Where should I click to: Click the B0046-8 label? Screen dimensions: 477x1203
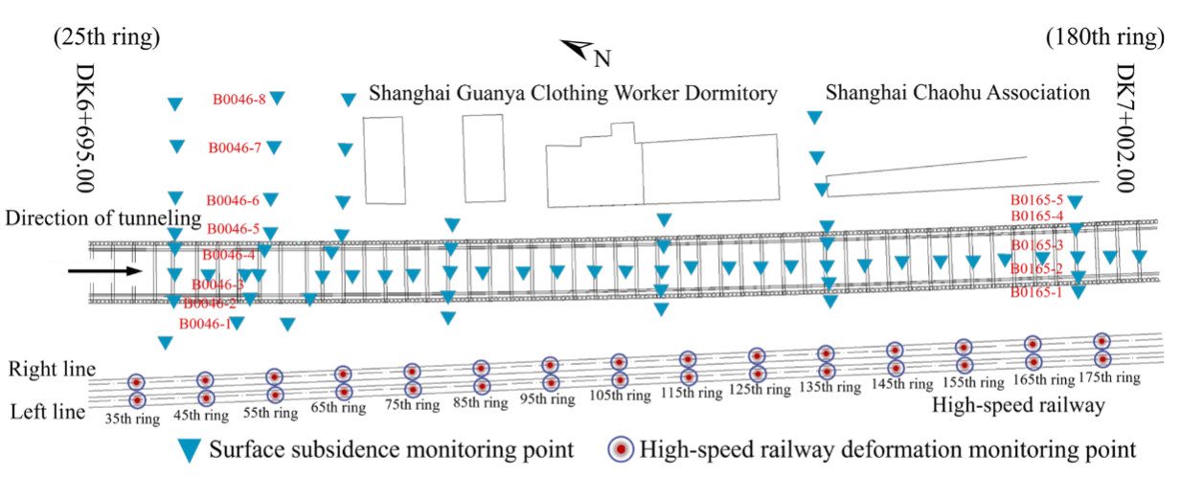pyautogui.click(x=238, y=99)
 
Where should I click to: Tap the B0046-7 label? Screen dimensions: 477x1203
pyautogui.click(x=235, y=148)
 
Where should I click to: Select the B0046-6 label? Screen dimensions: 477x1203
pyautogui.click(x=233, y=200)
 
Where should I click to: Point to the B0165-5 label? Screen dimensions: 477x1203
pyautogui.click(x=1037, y=200)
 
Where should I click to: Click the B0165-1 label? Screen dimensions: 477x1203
pyautogui.click(x=1037, y=293)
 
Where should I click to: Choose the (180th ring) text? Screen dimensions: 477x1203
pyautogui.click(x=1104, y=39)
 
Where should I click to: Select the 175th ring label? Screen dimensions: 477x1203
pyautogui.click(x=1109, y=377)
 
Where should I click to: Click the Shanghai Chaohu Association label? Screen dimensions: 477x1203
pyautogui.click(x=957, y=93)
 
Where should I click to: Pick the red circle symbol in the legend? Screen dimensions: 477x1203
pyautogui.click(x=623, y=448)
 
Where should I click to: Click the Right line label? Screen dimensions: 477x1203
pyautogui.click(x=53, y=369)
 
